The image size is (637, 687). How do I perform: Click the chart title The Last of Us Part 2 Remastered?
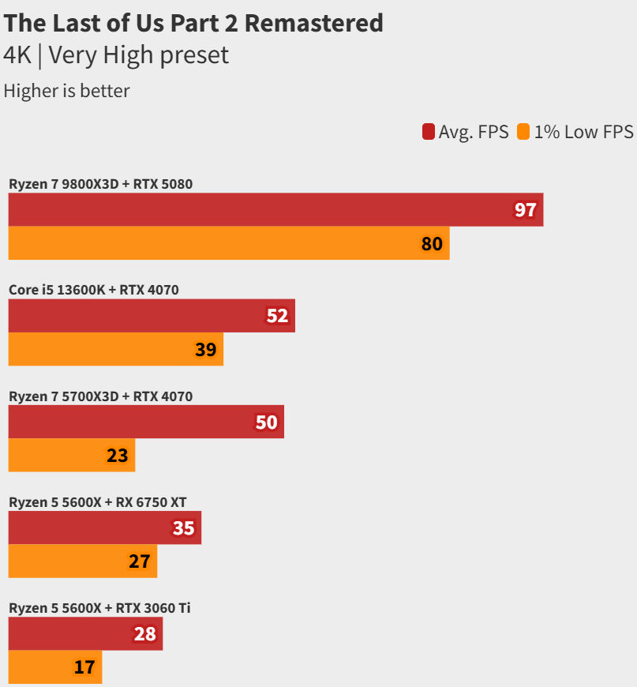coord(193,23)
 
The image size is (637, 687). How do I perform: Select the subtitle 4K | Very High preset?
coord(116,55)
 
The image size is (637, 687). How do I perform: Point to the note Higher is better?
coord(66,91)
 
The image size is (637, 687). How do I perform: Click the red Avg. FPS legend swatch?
coord(429,132)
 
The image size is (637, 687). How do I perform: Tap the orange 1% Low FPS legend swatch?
coord(523,132)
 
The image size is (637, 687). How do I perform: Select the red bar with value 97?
coord(275,210)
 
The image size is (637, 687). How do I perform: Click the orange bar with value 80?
coord(229,243)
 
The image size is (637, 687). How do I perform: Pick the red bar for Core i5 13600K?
coord(152,316)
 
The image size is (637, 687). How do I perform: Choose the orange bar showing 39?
coord(116,349)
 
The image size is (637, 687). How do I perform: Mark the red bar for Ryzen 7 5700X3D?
coord(146,422)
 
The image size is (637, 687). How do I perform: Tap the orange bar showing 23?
coord(72,455)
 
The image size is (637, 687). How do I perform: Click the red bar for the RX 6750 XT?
coord(105,527)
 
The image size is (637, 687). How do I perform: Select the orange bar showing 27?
coord(83,561)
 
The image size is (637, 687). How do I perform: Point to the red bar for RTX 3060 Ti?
coord(85,633)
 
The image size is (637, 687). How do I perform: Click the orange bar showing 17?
coord(55,666)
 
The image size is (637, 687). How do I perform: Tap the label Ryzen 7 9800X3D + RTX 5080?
coord(101,184)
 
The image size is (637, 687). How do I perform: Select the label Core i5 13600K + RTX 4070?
coord(94,290)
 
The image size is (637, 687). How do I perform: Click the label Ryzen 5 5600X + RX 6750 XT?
coord(98,501)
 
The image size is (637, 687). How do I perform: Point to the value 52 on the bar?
coord(278,316)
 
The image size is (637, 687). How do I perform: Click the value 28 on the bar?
coord(145,633)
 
